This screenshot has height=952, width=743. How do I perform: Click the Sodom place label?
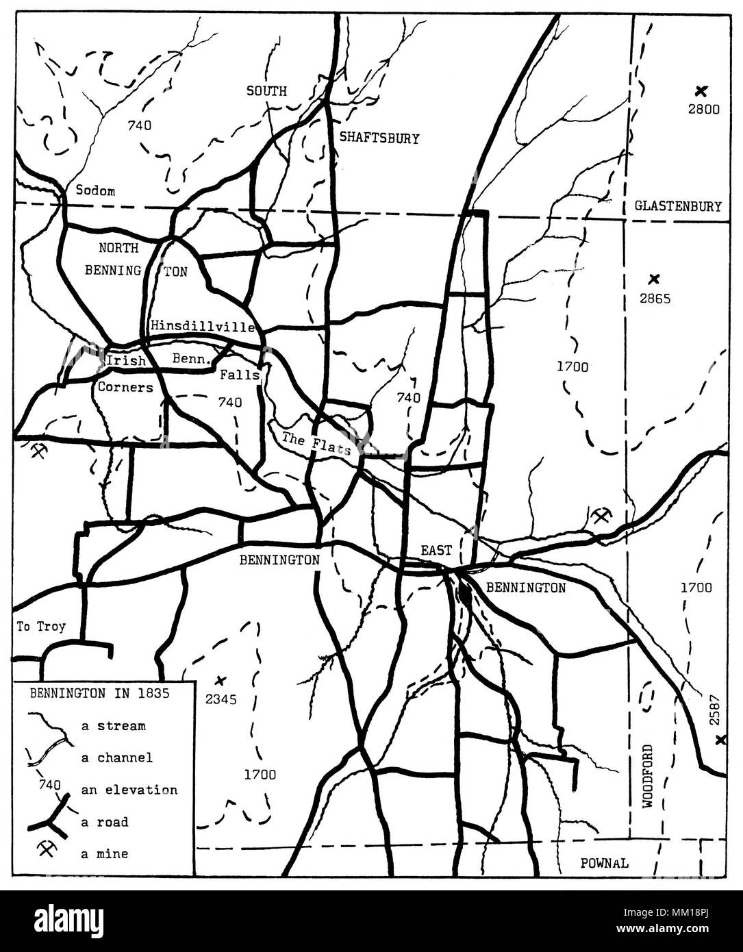point(95,191)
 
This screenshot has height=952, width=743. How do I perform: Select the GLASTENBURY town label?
point(677,206)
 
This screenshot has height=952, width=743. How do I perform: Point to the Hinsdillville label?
point(203,326)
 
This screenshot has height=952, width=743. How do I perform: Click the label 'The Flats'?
point(316,444)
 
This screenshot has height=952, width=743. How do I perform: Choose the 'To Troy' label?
point(42,627)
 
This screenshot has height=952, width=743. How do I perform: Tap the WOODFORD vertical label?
point(649,777)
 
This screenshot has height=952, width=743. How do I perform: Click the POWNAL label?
point(604,863)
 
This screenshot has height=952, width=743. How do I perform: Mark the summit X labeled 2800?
point(700,90)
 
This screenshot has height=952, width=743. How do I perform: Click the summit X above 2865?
point(654,279)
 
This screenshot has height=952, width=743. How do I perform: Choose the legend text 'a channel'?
point(116,757)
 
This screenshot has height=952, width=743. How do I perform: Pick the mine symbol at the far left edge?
point(38,451)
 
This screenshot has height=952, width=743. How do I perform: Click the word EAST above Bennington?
point(436,550)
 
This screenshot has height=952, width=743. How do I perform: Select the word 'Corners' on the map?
point(125,387)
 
